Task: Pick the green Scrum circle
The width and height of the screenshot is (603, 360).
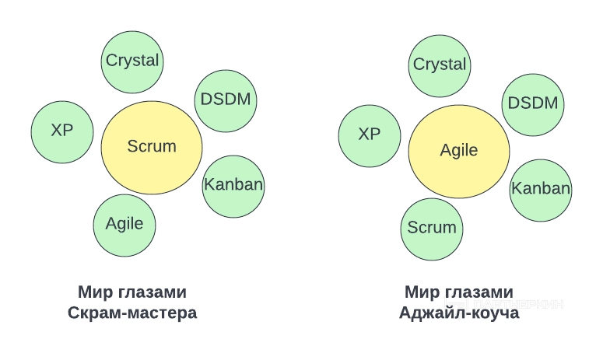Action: click(x=432, y=228)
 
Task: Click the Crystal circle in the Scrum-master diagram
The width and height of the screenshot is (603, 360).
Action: click(x=132, y=61)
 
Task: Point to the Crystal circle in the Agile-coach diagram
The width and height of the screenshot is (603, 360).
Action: click(x=440, y=65)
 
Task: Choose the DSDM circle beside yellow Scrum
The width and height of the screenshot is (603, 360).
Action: click(x=226, y=100)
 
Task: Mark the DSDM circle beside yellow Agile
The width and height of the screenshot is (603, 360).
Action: click(x=533, y=104)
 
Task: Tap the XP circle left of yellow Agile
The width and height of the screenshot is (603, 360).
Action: click(x=370, y=135)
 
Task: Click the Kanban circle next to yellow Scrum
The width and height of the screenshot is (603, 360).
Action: click(x=233, y=185)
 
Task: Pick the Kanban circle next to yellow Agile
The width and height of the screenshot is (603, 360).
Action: click(x=541, y=189)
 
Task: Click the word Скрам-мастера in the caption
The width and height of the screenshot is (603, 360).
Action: click(x=132, y=313)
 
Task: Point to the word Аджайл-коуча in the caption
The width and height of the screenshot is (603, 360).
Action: click(x=459, y=313)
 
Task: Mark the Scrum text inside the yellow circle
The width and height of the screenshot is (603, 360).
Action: click(x=152, y=146)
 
